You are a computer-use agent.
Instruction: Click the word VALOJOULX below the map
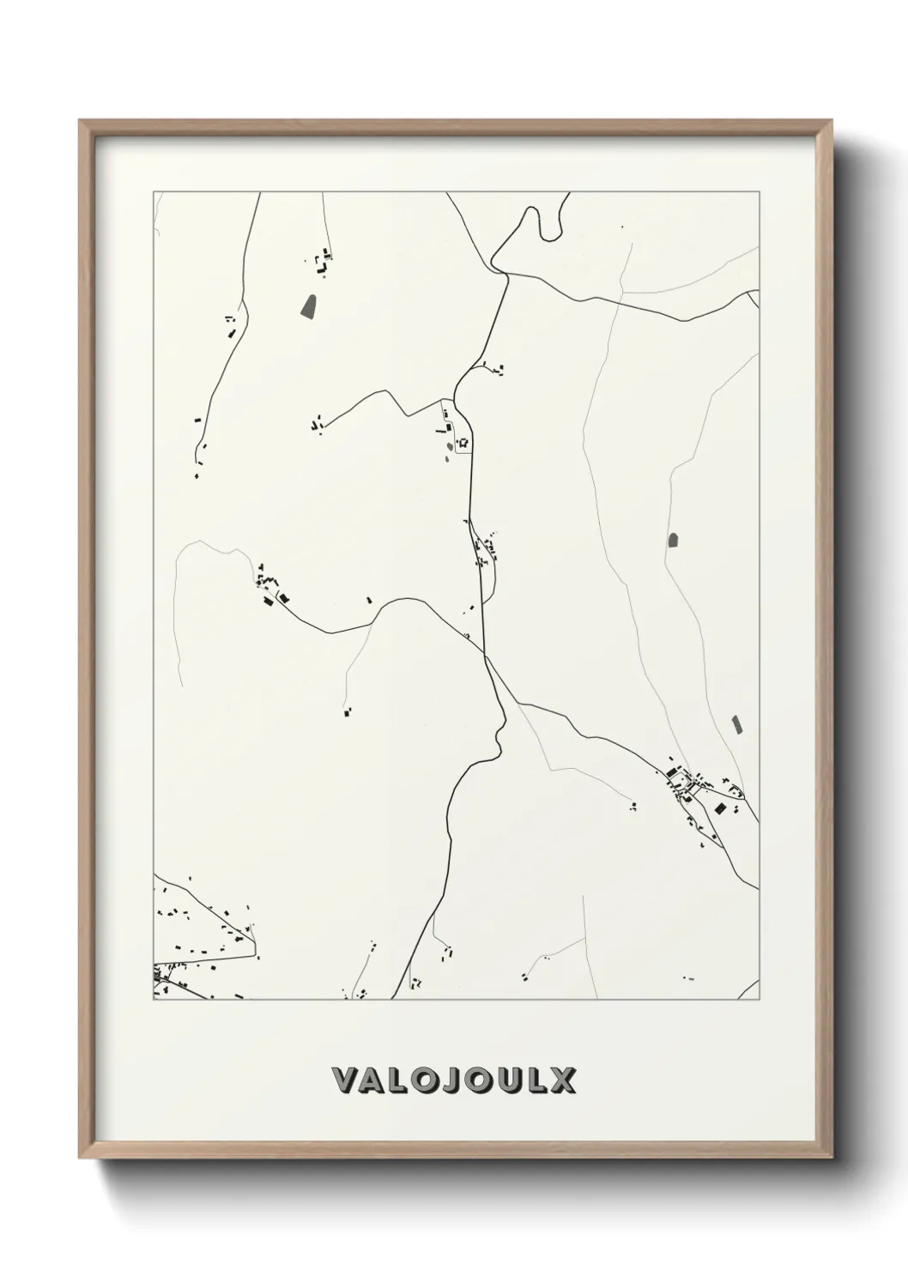pyautogui.click(x=453, y=1079)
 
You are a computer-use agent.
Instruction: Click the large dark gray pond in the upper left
pyautogui.click(x=309, y=305)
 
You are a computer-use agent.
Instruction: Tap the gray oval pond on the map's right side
pyautogui.click(x=673, y=541)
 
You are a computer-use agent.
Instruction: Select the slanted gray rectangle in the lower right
pyautogui.click(x=735, y=724)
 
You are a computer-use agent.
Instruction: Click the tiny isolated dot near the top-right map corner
pyautogui.click(x=623, y=227)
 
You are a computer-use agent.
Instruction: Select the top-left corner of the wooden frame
pyautogui.click(x=81, y=123)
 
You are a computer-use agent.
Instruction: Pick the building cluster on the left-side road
pyautogui.click(x=273, y=588)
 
